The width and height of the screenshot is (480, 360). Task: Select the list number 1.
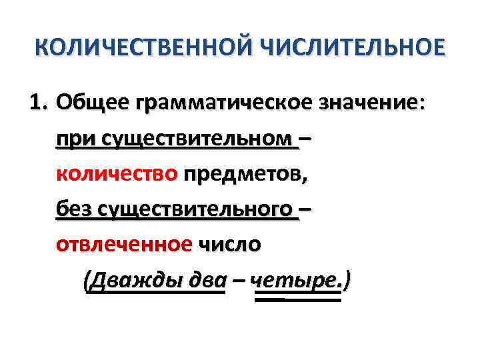click(x=39, y=103)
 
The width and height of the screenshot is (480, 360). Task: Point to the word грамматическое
click(x=211, y=105)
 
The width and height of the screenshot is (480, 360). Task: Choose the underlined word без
click(x=74, y=209)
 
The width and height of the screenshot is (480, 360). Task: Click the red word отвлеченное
click(x=124, y=244)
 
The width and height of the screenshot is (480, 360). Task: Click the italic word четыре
click(x=293, y=280)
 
